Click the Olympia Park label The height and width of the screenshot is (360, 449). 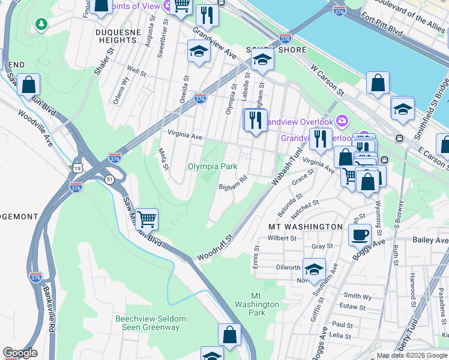[x=212, y=166]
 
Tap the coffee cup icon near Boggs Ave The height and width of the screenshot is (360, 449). [x=360, y=234]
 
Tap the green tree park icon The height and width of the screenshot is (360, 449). [x=41, y=24]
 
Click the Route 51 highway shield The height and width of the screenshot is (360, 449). [x=109, y=179]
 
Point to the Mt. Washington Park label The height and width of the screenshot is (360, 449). [x=265, y=304]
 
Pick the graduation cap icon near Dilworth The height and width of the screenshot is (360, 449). [x=314, y=269]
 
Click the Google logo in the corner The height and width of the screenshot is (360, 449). [x=20, y=353]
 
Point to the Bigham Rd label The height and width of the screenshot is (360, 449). [x=233, y=182]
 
